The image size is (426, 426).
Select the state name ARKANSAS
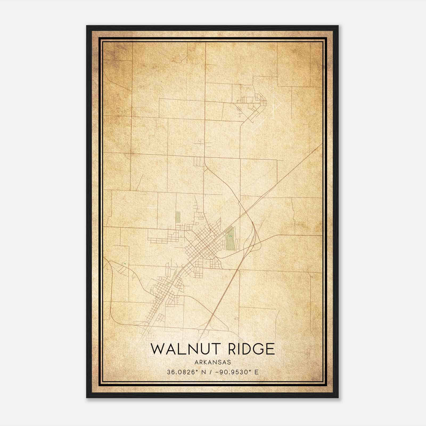tap(213, 362)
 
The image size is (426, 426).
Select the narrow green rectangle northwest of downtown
tap(178, 217)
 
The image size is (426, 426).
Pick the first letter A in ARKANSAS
tap(196, 362)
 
